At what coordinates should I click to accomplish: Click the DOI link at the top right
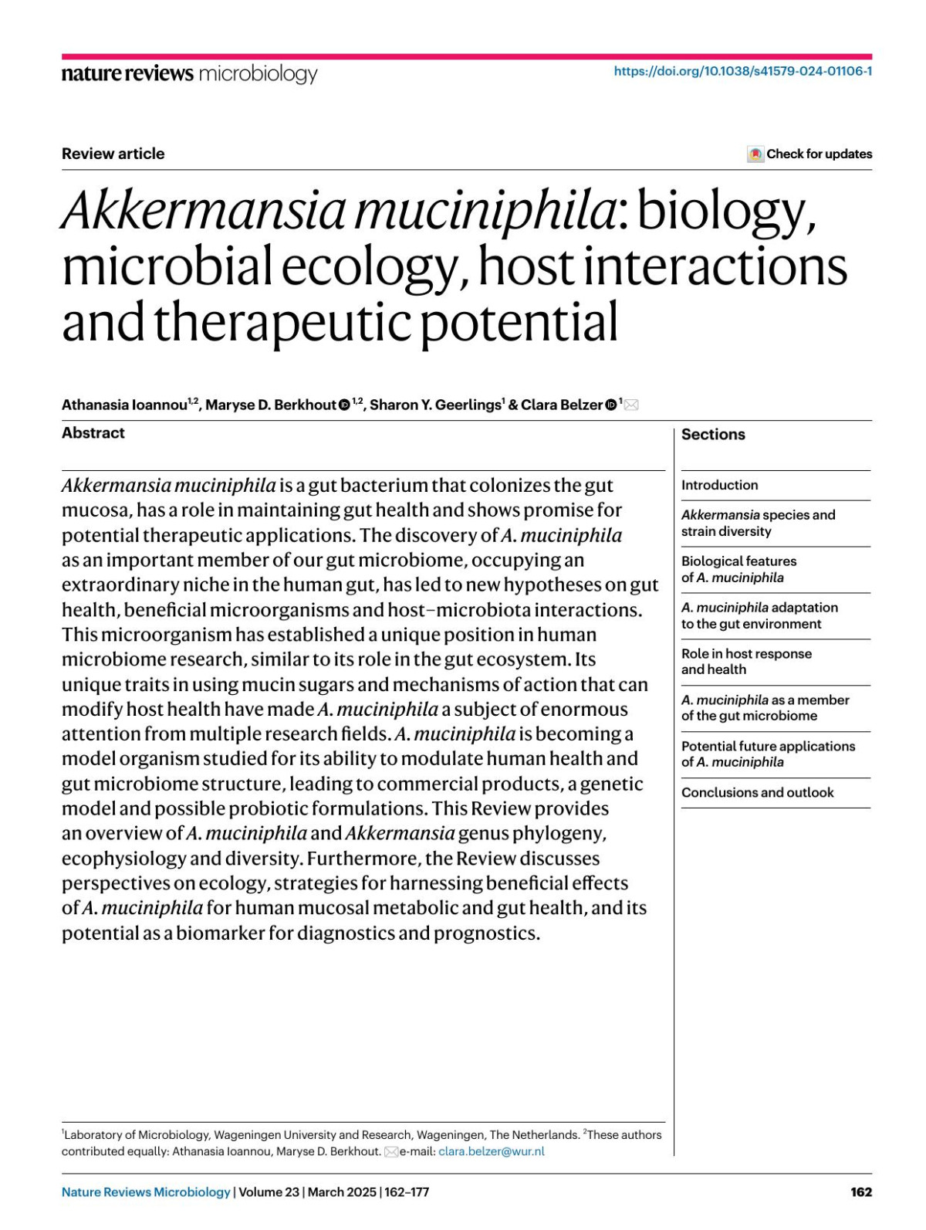tap(742, 71)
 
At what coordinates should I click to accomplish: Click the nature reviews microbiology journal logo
tap(189, 73)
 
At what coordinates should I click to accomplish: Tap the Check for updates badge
tap(809, 154)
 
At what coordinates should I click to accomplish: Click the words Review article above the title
tap(113, 154)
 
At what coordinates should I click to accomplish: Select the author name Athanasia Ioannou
tap(124, 405)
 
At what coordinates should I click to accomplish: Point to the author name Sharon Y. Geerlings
tap(435, 405)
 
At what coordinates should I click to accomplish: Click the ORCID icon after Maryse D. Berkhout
tap(344, 405)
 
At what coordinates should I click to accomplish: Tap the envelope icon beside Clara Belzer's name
tap(631, 405)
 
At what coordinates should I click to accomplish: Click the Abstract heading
tap(93, 433)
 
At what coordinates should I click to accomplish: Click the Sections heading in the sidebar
tap(713, 435)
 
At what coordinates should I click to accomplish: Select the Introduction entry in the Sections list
tap(719, 485)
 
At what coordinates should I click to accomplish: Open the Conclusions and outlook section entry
tap(757, 792)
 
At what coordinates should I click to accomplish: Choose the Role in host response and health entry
tap(746, 662)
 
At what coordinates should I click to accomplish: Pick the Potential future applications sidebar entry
tap(768, 754)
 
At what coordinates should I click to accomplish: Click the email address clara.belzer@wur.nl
tap(491, 1151)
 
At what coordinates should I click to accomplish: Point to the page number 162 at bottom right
tap(860, 1191)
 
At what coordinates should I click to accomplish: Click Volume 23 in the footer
tap(269, 1191)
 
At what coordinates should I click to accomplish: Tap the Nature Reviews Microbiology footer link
tap(146, 1191)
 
